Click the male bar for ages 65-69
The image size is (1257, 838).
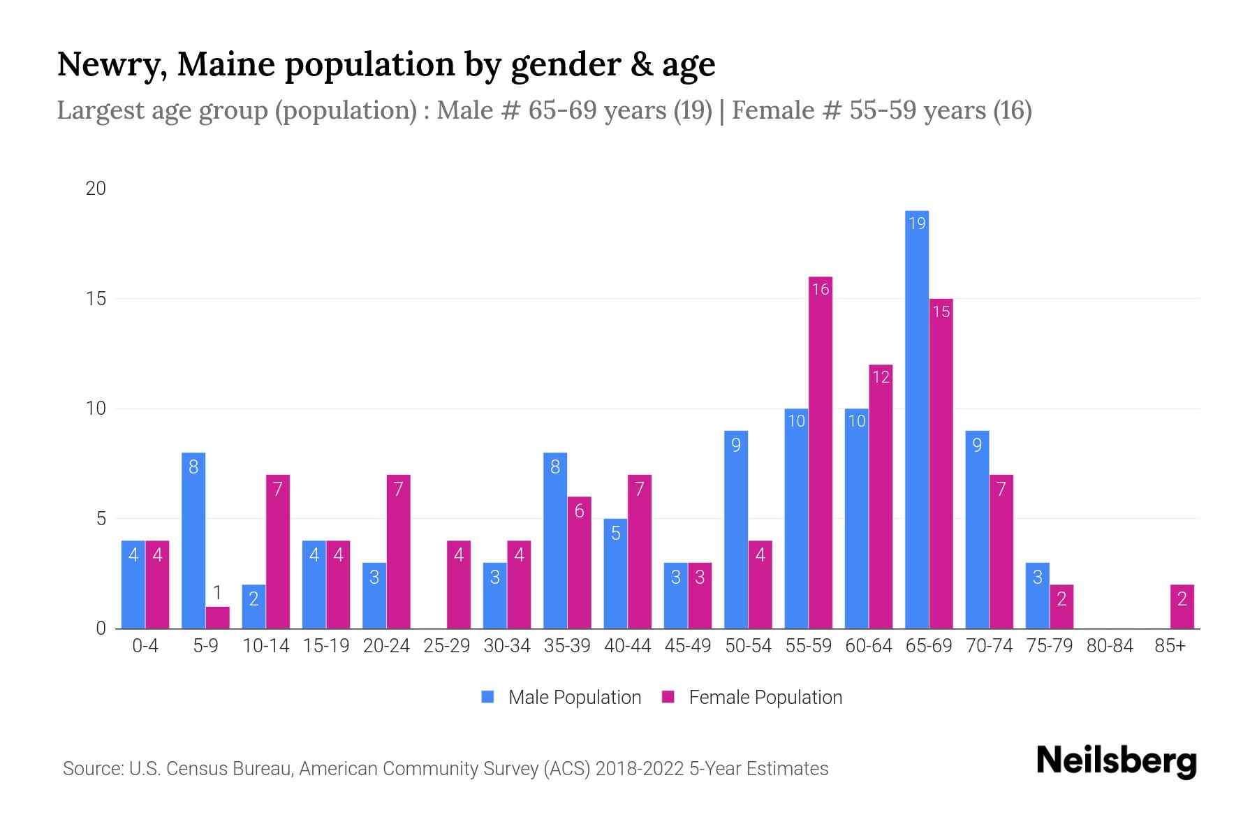916,419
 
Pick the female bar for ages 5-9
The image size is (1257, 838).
217,617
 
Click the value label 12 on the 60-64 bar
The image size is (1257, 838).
881,377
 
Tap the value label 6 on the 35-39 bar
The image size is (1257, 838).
579,511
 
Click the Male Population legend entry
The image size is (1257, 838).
561,697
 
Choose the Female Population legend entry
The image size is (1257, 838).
752,697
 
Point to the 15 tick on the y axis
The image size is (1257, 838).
96,299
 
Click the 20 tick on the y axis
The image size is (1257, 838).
96,189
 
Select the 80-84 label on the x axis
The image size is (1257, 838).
1109,646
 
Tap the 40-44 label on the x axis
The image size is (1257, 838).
627,646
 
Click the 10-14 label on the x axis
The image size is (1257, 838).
265,646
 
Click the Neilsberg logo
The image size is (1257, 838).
1116,761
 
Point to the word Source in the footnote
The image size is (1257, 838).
92,769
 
